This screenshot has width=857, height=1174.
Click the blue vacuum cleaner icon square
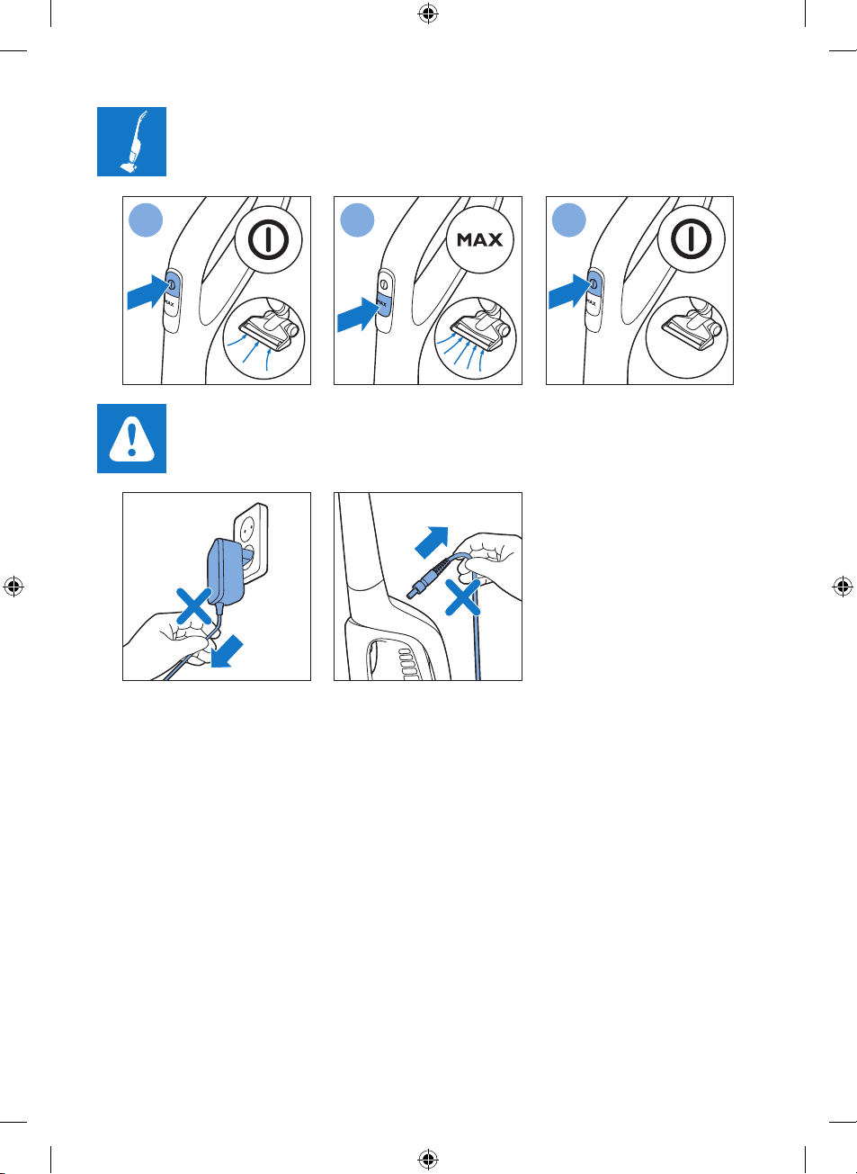[x=131, y=141]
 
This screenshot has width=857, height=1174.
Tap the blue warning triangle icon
[x=131, y=439]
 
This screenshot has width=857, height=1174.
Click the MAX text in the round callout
[x=480, y=239]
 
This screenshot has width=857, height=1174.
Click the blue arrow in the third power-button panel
[x=569, y=291]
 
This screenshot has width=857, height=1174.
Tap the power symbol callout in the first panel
[x=268, y=239]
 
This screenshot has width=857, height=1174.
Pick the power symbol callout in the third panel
[x=692, y=239]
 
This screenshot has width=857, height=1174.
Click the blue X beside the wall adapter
[x=194, y=605]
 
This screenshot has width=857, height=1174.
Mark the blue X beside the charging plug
[x=462, y=597]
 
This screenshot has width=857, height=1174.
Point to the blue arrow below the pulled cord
[x=227, y=651]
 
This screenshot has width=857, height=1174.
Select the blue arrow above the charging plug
[x=432, y=542]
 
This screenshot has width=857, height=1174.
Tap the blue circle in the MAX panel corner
[x=357, y=220]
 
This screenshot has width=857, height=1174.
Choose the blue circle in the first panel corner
[x=146, y=220]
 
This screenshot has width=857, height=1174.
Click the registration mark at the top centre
[x=428, y=14]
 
